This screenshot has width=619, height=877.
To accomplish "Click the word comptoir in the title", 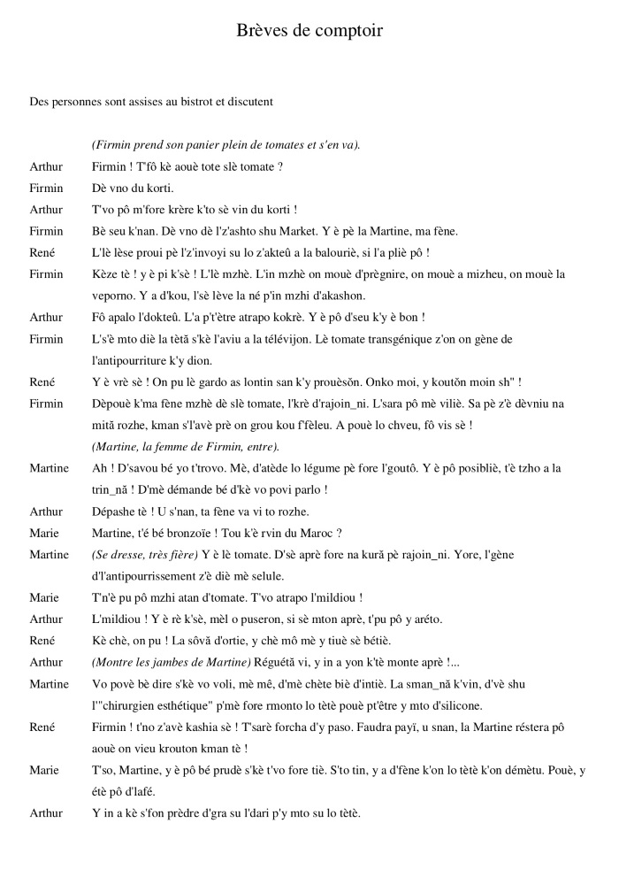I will [345, 31].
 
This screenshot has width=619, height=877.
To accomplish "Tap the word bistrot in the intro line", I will [199, 102].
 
